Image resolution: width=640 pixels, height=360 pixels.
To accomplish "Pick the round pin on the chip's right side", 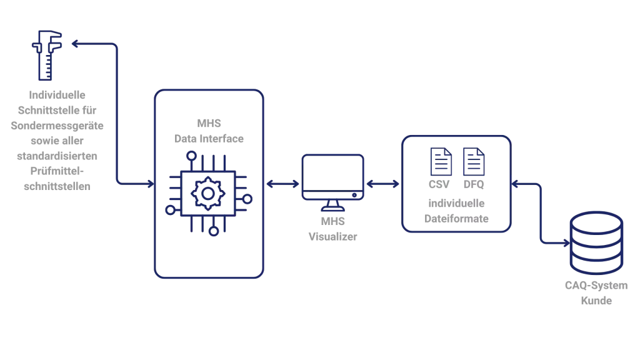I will point(247,199).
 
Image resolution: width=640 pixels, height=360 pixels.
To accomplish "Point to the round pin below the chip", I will point(214,232).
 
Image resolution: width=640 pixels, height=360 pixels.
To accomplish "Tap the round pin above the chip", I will point(194,155).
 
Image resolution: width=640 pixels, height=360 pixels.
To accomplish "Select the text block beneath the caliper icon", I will point(56,141).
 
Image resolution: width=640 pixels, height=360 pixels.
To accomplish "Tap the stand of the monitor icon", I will point(331,207).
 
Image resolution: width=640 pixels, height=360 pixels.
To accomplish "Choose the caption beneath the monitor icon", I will point(331,230).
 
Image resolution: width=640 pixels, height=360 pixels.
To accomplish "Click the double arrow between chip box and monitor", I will point(282,184).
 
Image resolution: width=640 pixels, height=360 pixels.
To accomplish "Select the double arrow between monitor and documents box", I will point(382,184).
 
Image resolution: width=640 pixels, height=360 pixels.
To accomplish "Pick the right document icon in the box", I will point(472,161).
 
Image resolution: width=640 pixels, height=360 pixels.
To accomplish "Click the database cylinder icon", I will point(595,243).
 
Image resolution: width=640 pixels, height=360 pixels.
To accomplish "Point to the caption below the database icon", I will point(596,292).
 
